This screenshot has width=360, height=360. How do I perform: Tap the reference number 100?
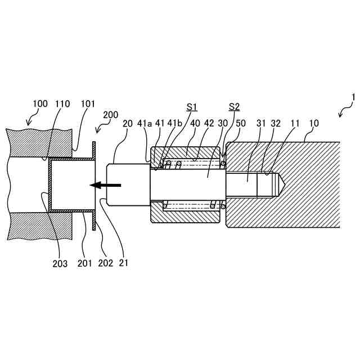(x=40, y=103)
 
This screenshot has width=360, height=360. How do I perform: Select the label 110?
(x=62, y=103)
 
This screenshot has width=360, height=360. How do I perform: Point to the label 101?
(x=88, y=103)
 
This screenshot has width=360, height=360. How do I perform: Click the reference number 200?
(x=111, y=115)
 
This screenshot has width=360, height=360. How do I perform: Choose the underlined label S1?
(x=192, y=106)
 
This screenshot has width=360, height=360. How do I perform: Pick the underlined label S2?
(x=234, y=106)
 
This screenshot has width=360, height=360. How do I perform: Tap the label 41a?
(x=145, y=123)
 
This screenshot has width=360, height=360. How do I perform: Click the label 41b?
(x=175, y=123)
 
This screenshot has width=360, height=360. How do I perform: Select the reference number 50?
(x=241, y=123)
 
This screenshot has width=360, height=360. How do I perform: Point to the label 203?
(x=60, y=263)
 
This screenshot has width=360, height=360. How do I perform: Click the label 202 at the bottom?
(x=105, y=263)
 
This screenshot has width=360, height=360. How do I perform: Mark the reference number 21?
(x=124, y=263)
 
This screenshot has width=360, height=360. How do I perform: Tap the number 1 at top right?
(x=353, y=97)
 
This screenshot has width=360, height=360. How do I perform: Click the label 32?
(x=276, y=123)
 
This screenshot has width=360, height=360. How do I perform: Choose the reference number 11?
(x=295, y=123)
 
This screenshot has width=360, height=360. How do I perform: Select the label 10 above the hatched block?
(x=314, y=123)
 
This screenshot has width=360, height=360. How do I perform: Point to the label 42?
(x=209, y=123)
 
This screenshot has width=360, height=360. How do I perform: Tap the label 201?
(x=85, y=263)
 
